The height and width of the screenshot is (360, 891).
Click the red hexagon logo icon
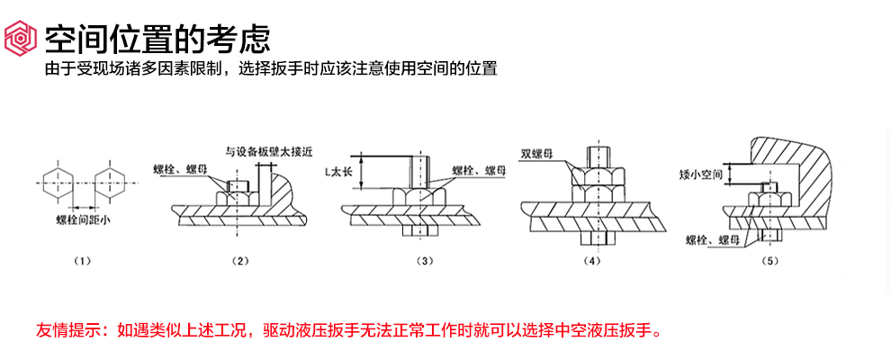pos(21,38)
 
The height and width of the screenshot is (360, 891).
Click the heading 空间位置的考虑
pos(157,38)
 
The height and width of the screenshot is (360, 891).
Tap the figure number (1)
pos(83,261)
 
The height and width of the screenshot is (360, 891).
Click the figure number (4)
pos(590,261)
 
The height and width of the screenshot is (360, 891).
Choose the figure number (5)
pos(769,261)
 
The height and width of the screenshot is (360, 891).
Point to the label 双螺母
pos(536,152)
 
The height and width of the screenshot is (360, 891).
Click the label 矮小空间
pos(702,174)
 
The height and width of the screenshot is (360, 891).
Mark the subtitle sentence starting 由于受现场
pos(271,68)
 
